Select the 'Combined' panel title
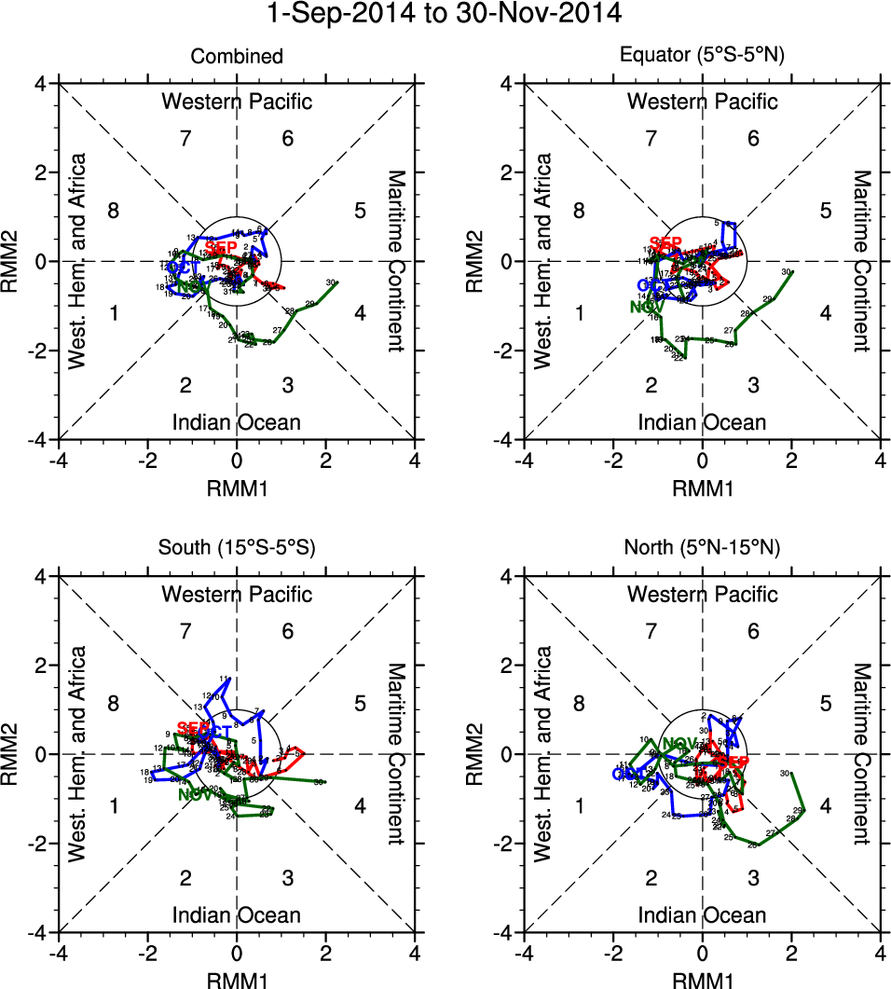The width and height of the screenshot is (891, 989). click(237, 57)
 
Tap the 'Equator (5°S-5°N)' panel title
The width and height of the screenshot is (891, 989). click(703, 55)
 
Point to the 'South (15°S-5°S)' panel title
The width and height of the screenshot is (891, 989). click(237, 548)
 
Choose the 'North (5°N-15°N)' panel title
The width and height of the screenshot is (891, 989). click(703, 548)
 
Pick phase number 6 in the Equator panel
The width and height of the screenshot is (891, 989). click(754, 140)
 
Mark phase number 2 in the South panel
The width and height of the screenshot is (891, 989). click(185, 877)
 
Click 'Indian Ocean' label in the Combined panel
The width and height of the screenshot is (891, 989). click(237, 422)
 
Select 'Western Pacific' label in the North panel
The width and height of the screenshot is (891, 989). click(703, 594)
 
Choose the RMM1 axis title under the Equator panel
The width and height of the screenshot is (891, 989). click(703, 485)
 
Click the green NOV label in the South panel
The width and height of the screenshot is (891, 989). click(194, 795)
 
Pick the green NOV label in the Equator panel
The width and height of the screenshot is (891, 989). click(646, 306)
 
